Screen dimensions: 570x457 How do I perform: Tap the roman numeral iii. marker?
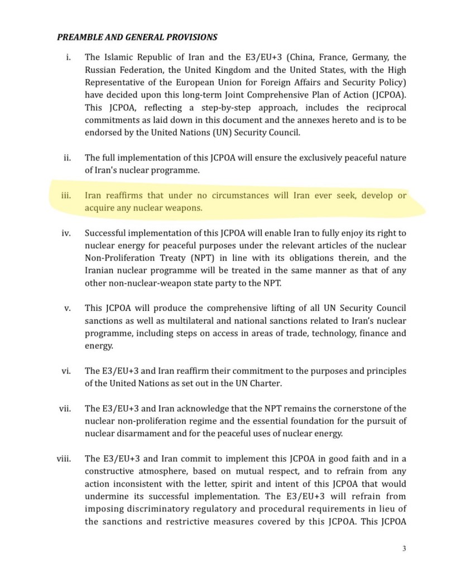[x=66, y=196]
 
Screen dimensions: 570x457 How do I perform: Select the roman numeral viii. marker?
[x=63, y=459]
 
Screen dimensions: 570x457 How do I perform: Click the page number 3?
[x=403, y=548]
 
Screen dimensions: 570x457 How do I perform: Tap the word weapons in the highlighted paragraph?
[x=183, y=209]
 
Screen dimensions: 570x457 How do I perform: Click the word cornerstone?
[x=352, y=409]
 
